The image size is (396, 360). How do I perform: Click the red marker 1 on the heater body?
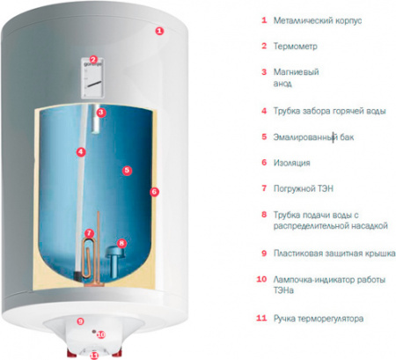click(x=159, y=30)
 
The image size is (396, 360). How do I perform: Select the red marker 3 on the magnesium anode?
click(x=101, y=113)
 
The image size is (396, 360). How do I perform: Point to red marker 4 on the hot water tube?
click(x=80, y=151)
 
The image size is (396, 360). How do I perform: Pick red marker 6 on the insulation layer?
click(x=154, y=191)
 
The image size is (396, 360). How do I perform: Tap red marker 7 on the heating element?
click(x=89, y=233)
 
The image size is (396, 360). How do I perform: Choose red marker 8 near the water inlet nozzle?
click(x=121, y=243)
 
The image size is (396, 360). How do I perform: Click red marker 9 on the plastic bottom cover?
click(x=81, y=321)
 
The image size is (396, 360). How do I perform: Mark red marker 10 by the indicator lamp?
click(x=100, y=334)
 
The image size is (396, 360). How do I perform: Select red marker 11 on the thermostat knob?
click(x=94, y=354)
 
